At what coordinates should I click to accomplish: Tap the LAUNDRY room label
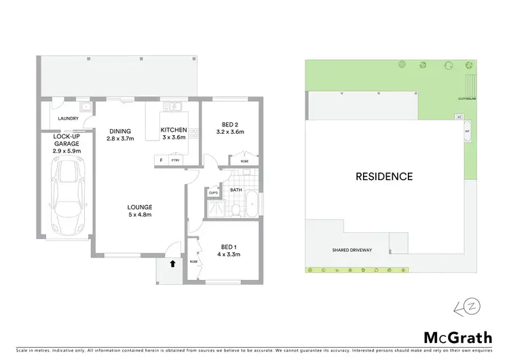click(x=68, y=119)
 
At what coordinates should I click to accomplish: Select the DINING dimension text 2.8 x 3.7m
click(x=120, y=139)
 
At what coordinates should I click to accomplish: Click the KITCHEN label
click(x=173, y=130)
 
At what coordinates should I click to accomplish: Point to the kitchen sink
click(x=172, y=106)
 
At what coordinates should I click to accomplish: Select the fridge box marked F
click(x=161, y=160)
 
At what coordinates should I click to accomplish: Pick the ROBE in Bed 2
click(x=244, y=161)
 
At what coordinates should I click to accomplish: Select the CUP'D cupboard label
click(x=213, y=192)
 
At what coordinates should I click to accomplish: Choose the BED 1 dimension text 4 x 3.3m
click(x=230, y=255)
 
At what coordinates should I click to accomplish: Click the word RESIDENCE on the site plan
click(x=384, y=177)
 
